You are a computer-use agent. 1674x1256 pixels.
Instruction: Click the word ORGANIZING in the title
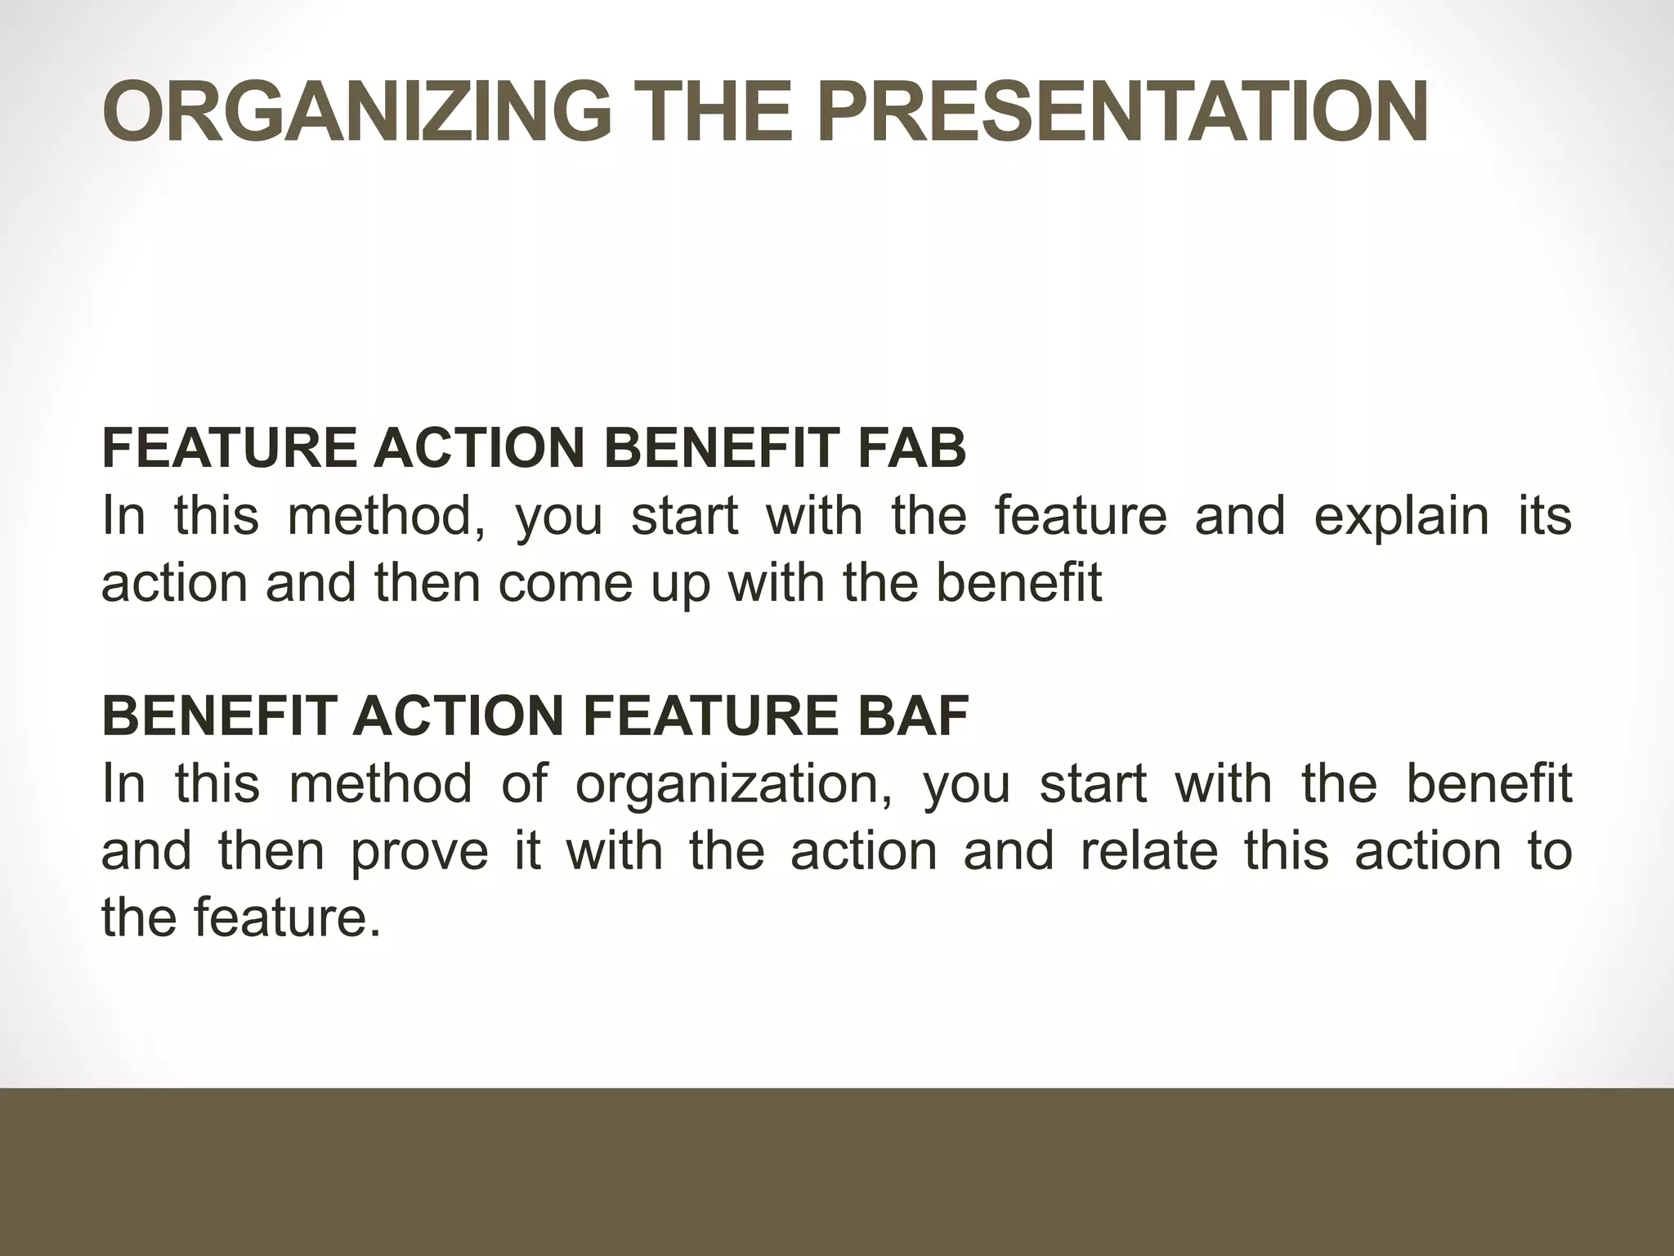click(356, 112)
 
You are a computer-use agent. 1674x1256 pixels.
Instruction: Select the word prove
click(419, 851)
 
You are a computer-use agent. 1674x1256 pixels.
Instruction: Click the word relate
click(1149, 850)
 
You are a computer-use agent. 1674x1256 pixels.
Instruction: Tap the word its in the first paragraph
click(1545, 516)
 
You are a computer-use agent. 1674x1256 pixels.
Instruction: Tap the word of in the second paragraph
click(523, 783)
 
